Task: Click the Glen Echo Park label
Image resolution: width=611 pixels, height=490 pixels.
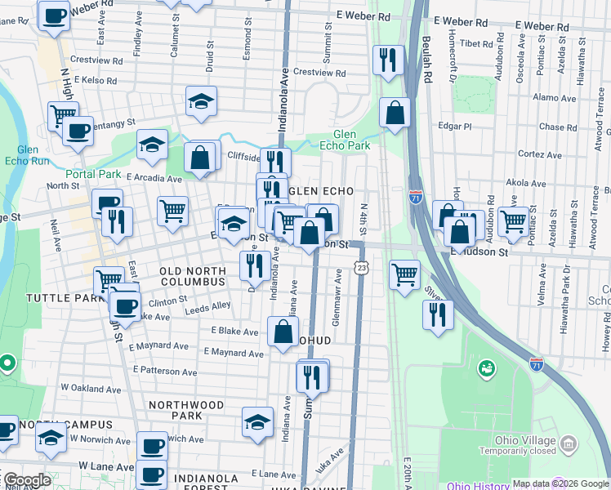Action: tap(351, 140)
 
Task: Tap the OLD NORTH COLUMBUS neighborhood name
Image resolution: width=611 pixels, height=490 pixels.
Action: tap(192, 276)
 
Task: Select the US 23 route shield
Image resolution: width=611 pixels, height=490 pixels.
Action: tap(360, 267)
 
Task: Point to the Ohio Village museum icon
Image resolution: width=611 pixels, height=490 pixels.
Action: tap(569, 443)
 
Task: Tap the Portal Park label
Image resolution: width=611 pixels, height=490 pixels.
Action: tap(94, 175)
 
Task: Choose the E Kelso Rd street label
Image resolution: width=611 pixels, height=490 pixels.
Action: tap(92, 82)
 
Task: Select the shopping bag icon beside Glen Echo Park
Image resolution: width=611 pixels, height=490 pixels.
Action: tap(395, 114)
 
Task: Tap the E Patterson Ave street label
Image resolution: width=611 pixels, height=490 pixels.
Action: tap(165, 371)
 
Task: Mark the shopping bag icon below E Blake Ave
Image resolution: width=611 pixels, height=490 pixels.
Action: tap(283, 332)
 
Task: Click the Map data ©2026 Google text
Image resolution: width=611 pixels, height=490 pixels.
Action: tap(560, 483)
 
